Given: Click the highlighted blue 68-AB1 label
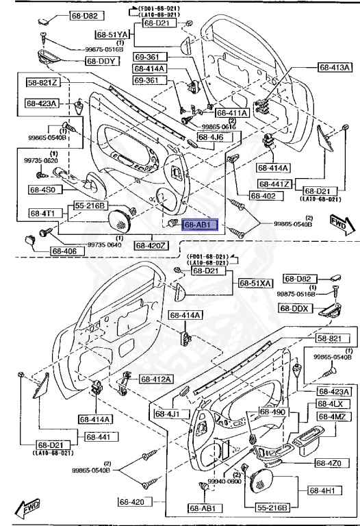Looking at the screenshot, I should pos(198,224).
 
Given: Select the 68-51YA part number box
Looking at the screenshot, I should pos(112,34).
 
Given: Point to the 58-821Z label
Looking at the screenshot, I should pos(43,83).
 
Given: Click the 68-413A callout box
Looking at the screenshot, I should pos(335,67).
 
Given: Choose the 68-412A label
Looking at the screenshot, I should pos(157,379).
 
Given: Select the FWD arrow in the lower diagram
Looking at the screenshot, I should pos(27,509).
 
